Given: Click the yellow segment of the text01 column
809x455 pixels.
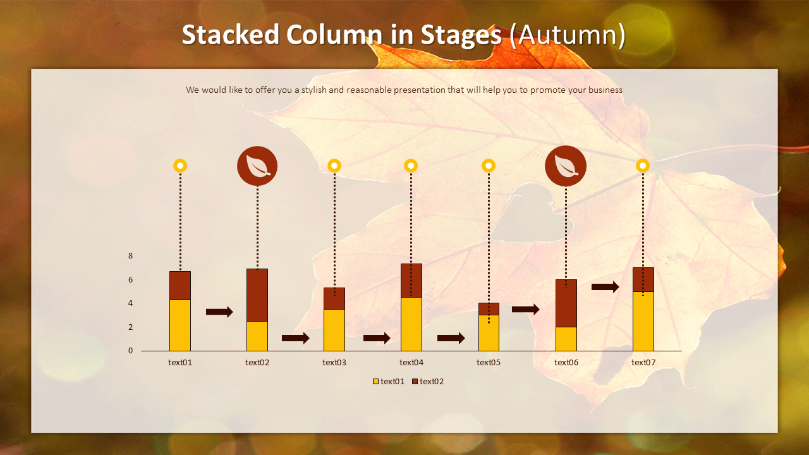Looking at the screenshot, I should [180, 325].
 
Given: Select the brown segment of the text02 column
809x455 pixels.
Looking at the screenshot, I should [257, 295].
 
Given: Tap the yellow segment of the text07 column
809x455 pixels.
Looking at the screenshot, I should [643, 321].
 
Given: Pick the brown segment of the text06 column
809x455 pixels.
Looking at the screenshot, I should [566, 303].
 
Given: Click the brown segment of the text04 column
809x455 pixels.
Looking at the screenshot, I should [411, 281].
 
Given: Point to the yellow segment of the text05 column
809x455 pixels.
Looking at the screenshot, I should [489, 332].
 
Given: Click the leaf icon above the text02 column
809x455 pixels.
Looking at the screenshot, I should [257, 166].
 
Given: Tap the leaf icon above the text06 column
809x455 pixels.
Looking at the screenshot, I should [566, 166].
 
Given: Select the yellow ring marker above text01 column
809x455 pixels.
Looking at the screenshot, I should [180, 166].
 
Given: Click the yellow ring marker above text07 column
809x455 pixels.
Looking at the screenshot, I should [643, 166].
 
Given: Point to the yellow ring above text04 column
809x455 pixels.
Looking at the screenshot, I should [411, 166].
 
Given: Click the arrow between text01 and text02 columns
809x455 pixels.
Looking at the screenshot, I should [219, 312].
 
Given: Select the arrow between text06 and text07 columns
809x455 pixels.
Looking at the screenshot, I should [605, 287].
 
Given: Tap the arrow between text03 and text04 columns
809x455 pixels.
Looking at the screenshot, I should [377, 338].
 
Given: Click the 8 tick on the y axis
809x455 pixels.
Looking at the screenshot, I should [131, 256].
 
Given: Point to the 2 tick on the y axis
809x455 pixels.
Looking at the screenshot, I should [131, 327].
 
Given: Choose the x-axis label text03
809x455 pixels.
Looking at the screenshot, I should [334, 362].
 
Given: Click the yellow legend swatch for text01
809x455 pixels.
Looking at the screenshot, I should [376, 382].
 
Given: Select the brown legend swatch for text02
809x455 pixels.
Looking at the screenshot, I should [415, 382].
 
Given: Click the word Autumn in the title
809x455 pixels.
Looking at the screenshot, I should [567, 35].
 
